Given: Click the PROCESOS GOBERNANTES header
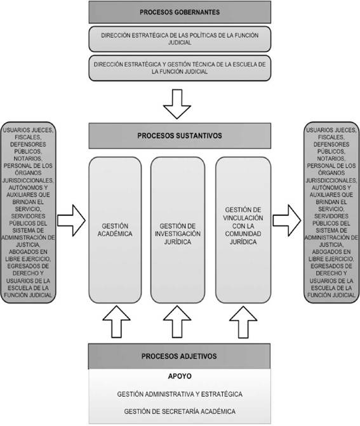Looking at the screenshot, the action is click(180, 12).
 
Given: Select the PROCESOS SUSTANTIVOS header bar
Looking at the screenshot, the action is click(180, 136).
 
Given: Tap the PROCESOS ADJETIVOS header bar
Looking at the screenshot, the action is click(179, 356).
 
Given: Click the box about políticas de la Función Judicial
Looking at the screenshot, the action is click(180, 39).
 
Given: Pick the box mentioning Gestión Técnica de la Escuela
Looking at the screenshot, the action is click(180, 68).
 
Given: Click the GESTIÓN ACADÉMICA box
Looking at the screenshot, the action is click(115, 230).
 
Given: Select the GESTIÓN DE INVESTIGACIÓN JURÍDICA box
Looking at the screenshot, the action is click(178, 230).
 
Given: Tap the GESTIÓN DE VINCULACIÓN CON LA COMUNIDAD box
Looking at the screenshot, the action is click(243, 230).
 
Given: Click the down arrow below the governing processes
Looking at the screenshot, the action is click(177, 104).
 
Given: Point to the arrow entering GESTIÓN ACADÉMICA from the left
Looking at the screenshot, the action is click(71, 220).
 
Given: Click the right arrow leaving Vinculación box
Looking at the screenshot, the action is click(287, 220).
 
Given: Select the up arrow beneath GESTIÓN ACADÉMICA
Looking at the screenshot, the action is click(116, 322).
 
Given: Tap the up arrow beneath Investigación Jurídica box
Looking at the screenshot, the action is click(177, 322).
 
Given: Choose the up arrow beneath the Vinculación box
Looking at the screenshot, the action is click(243, 322).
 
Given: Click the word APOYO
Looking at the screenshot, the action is click(180, 376).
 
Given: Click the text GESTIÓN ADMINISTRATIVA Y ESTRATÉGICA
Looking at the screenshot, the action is click(180, 394).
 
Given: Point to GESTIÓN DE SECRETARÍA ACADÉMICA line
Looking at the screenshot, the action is click(180, 411).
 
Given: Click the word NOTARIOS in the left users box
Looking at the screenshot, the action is click(28, 158).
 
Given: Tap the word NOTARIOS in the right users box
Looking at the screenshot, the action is click(331, 158).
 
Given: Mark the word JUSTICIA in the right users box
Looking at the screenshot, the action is click(331, 244).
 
